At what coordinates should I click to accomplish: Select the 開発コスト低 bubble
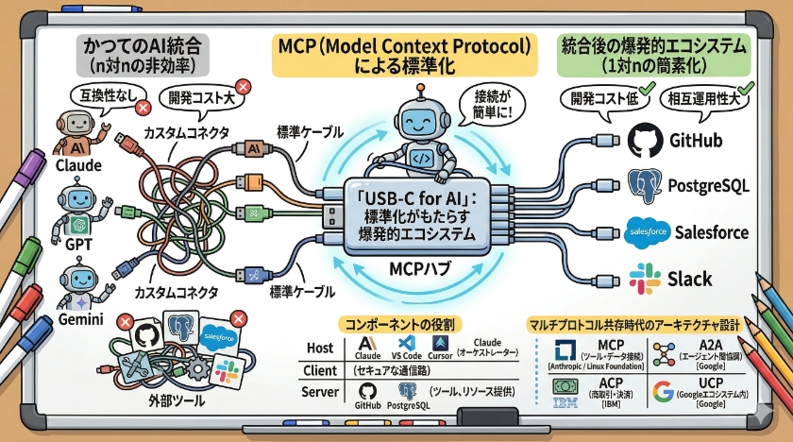pyautogui.click(x=600, y=98)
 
